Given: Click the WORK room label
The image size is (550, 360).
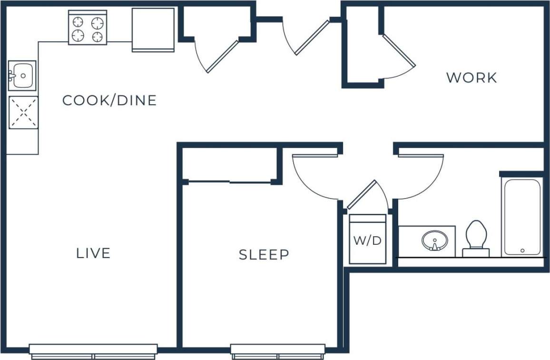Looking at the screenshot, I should [x=471, y=78].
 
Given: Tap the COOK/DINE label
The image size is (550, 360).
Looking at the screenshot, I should [x=109, y=100].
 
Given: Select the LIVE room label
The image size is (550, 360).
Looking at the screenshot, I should [x=93, y=253].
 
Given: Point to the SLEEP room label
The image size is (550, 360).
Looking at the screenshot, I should [x=264, y=255].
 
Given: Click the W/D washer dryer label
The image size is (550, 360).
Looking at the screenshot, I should [x=367, y=240].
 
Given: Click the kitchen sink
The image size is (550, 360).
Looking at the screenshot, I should [x=22, y=75].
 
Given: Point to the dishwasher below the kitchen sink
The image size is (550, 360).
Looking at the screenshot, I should [x=23, y=112].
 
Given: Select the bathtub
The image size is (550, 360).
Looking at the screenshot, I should [x=522, y=217].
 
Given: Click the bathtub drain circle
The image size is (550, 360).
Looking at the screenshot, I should [x=522, y=250].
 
